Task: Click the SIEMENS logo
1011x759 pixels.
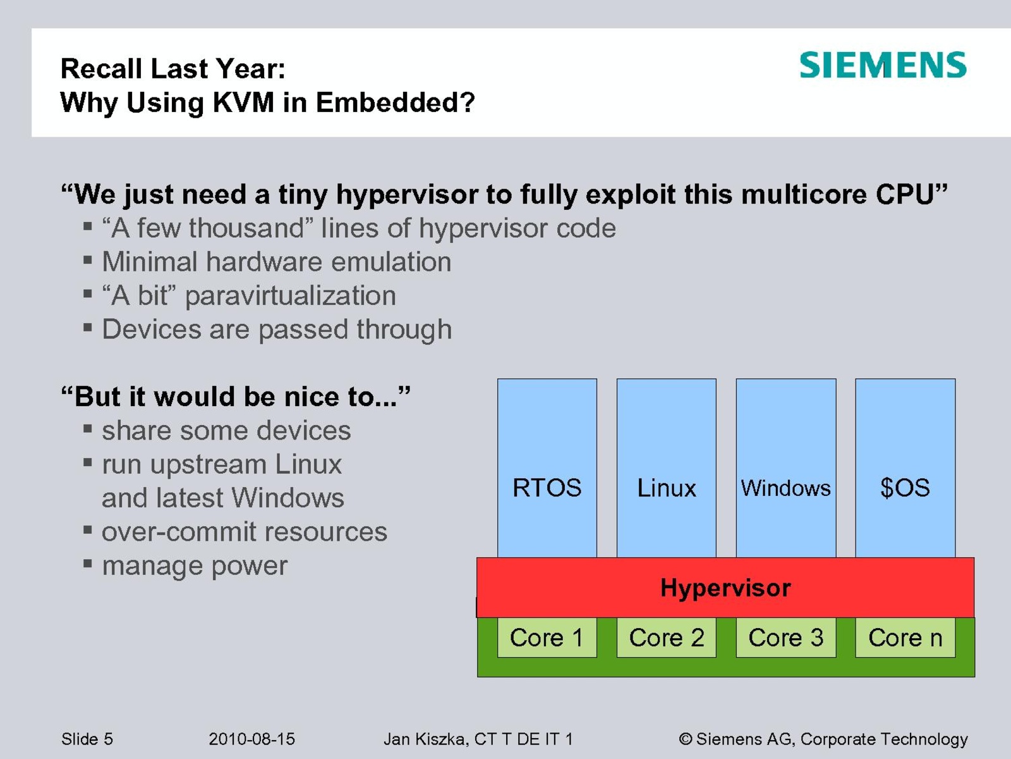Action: [x=883, y=65]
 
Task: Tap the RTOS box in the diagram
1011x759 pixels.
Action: [x=547, y=468]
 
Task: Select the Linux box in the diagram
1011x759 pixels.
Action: [x=667, y=468]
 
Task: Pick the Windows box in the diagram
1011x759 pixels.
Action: [x=786, y=468]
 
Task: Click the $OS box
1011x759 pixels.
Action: [x=905, y=468]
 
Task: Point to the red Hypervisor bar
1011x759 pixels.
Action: [x=725, y=588]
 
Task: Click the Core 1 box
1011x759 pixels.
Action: [x=547, y=638]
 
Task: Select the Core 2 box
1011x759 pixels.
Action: [x=667, y=638]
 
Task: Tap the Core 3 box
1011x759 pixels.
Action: [x=786, y=638]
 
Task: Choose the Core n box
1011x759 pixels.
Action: [x=905, y=638]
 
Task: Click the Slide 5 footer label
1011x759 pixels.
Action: [x=87, y=739]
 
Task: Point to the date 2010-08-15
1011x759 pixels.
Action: [x=251, y=739]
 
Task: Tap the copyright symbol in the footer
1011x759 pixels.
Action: [x=686, y=739]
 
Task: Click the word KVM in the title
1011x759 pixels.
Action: [x=243, y=102]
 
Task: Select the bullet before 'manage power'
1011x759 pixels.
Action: [x=87, y=563]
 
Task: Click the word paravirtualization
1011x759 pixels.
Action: [x=291, y=296]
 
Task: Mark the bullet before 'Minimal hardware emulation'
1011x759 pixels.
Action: [x=87, y=259]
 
